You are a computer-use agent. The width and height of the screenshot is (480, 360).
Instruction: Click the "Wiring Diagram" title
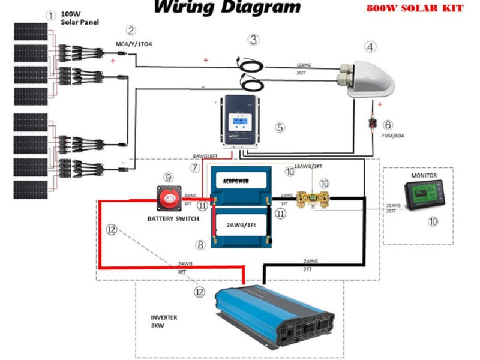pos(227,8)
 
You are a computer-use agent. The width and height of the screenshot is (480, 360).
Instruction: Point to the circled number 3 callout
pos(254,40)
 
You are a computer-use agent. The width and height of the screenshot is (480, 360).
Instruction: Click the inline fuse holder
pos(374,125)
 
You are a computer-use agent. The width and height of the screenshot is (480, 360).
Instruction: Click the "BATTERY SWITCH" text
pos(173,219)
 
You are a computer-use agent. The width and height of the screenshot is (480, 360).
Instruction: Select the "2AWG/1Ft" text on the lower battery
pos(242,226)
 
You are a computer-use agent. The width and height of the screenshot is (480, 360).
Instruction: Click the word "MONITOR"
pos(424,176)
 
